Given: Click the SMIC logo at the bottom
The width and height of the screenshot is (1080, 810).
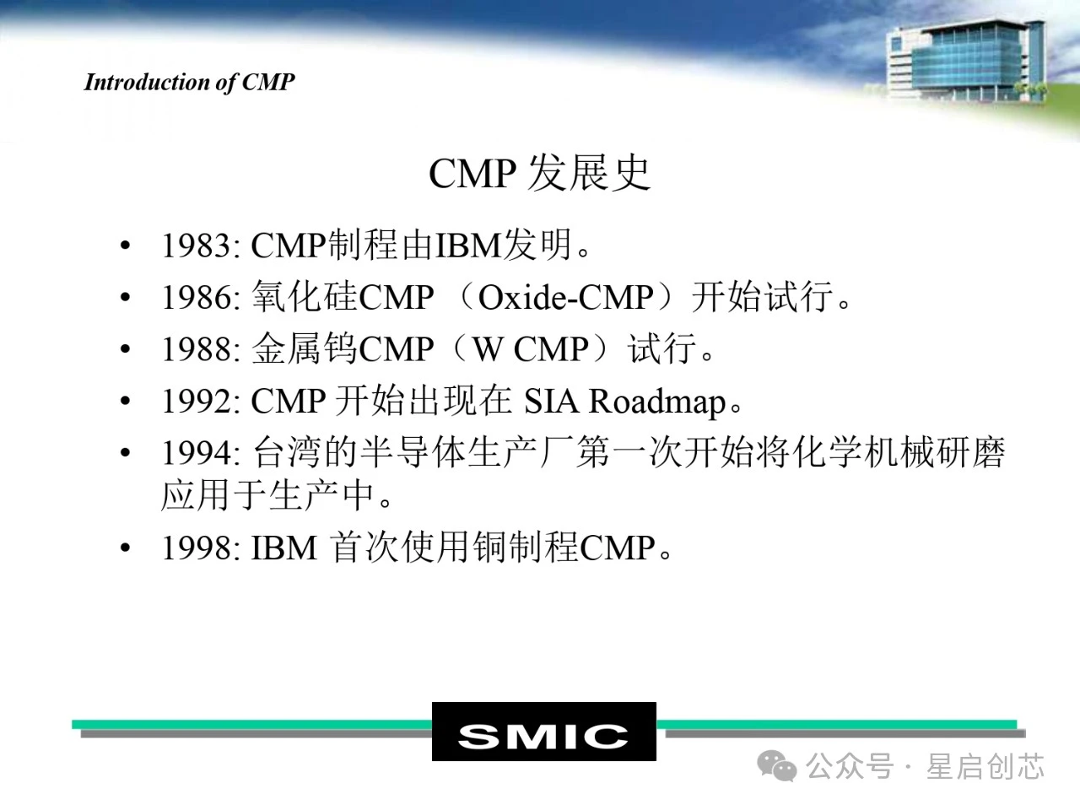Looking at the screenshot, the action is click(543, 732).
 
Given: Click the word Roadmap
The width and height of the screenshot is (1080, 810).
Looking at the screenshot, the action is click(657, 403).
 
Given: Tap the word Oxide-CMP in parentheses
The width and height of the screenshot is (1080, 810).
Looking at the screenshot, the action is click(566, 298).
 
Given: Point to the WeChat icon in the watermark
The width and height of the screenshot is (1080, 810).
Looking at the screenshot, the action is click(777, 766).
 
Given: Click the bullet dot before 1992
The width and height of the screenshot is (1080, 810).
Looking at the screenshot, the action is click(126, 400).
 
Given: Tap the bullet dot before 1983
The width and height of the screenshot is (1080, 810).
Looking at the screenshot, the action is click(126, 245).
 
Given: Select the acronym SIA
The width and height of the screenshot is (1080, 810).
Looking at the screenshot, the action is click(551, 402).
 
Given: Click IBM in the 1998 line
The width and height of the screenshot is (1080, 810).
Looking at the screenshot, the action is click(283, 548).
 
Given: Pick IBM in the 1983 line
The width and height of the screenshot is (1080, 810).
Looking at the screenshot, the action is click(468, 246).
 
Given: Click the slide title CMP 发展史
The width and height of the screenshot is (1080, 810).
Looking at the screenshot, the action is click(540, 174).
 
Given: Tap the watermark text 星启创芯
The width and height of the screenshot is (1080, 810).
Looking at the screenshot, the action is click(985, 766).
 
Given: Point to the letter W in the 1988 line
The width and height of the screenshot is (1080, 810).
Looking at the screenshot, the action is click(488, 349).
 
